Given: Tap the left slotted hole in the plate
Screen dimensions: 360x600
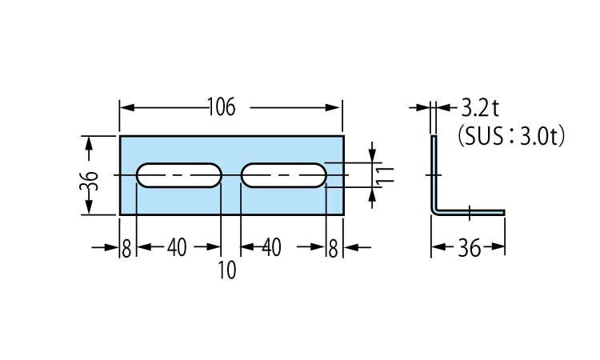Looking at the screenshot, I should coord(178,175).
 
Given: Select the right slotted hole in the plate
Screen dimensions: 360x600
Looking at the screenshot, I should coord(283,175).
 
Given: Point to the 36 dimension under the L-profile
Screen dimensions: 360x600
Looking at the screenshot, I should coord(470,249).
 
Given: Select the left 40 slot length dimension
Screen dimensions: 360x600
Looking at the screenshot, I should coord(177,249).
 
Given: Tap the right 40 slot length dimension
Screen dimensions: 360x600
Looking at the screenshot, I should coord(271,249).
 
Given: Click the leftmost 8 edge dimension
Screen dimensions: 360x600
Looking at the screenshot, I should coord(126,249).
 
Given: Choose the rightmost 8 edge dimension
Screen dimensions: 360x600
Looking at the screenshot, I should coord(333,249).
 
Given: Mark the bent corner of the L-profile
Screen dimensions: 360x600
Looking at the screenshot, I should coord(437,209).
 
